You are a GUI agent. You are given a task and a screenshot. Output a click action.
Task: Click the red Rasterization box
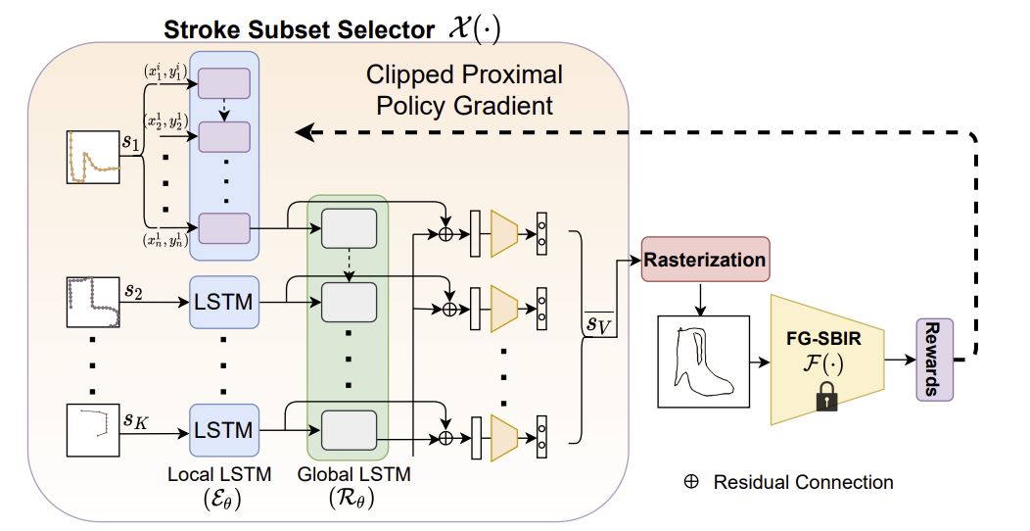(705, 261)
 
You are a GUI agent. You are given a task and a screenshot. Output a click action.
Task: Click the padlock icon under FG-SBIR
(827, 397)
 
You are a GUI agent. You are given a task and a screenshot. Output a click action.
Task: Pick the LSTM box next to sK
(224, 428)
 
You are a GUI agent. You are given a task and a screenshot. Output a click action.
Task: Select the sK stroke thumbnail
(92, 428)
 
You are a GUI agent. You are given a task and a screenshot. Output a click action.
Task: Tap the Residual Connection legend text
(803, 482)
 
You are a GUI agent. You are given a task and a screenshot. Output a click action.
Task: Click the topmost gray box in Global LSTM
(350, 228)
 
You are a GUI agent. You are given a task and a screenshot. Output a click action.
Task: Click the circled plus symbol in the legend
(690, 482)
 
